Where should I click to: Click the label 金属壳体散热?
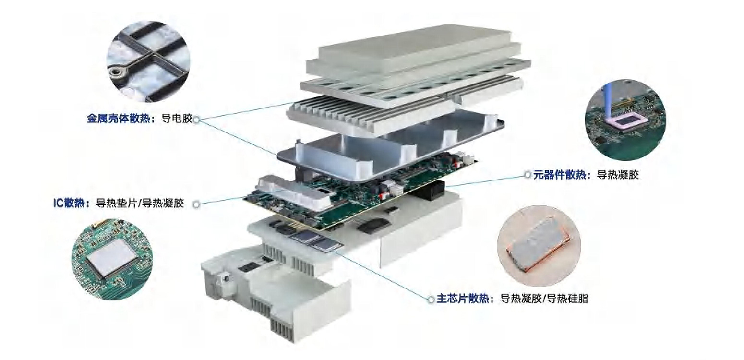pos(118,119)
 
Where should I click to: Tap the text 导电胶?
pos(177,119)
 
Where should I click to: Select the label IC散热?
pos(69,203)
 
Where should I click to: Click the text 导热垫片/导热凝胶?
pos(140,203)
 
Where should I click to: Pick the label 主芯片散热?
pos(463,299)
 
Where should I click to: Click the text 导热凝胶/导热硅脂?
pos(544,299)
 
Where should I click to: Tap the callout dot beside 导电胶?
pos(197,119)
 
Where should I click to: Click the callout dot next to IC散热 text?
pos(197,204)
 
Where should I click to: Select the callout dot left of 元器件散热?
pos(528,174)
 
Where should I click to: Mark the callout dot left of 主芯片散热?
pos(431,299)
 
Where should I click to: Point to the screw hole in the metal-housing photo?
pos(116,72)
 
